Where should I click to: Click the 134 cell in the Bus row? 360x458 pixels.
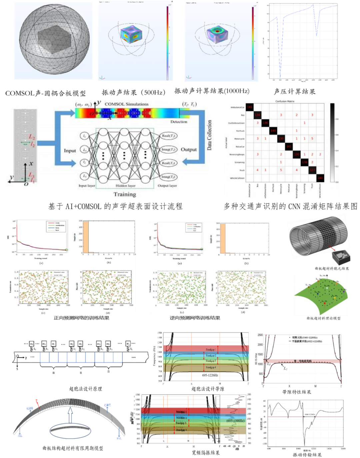257,115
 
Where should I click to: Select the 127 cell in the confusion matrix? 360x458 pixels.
312,170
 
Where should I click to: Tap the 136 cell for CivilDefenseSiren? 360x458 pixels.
265,123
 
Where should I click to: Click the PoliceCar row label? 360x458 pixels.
240,147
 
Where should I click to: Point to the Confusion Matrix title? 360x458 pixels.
285,101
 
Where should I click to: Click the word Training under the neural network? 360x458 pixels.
125,194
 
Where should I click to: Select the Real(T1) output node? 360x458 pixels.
169,136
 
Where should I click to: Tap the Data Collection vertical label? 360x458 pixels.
209,135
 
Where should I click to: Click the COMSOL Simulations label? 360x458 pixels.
126,104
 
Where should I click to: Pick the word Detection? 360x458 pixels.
179,122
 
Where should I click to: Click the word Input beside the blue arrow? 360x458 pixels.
70,151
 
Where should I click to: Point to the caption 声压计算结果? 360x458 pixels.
294,91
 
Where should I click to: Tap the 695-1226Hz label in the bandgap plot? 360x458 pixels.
210,375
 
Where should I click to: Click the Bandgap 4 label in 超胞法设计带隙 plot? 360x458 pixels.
211,367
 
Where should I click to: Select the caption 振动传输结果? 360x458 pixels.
307,455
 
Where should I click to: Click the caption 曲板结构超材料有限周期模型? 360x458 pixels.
73,448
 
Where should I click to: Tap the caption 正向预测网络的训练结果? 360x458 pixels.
81,318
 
